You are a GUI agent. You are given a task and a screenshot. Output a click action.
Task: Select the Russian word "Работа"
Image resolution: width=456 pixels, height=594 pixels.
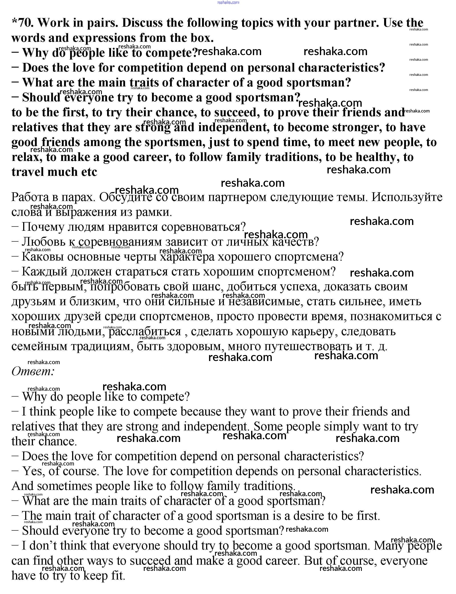tap(30, 197)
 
